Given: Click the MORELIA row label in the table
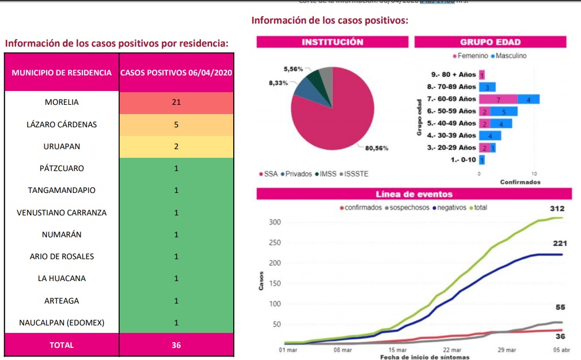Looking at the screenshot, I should pyautogui.click(x=62, y=103).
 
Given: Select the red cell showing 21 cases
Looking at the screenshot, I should pyautogui.click(x=176, y=103).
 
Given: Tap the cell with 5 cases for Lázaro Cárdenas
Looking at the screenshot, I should pyautogui.click(x=176, y=124).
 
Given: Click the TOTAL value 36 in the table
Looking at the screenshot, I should pyautogui.click(x=176, y=345).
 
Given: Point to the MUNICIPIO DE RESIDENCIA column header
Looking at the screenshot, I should pyautogui.click(x=62, y=73).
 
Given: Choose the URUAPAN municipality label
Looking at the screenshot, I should pyautogui.click(x=62, y=146).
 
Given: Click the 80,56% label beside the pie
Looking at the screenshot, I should pyautogui.click(x=377, y=148).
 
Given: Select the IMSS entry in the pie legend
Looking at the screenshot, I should pyautogui.click(x=328, y=174).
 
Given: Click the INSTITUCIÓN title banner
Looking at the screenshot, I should pyautogui.click(x=332, y=42).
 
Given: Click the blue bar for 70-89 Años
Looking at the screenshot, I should pyautogui.click(x=487, y=87).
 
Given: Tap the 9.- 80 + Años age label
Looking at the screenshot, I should pyautogui.click(x=454, y=75).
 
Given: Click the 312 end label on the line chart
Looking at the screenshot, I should pyautogui.click(x=557, y=209).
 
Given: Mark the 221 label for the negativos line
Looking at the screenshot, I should pyautogui.click(x=560, y=244).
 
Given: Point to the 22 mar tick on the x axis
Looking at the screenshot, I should pyautogui.click(x=452, y=350).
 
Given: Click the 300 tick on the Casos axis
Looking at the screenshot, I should pyautogui.click(x=275, y=222).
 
